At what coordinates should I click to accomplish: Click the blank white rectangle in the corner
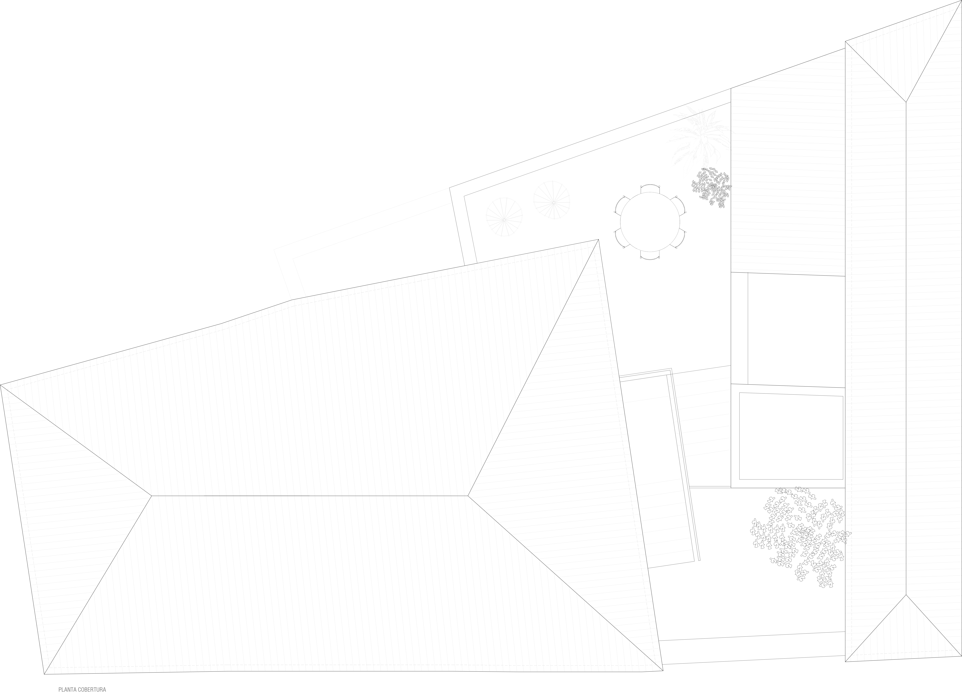coord(185,92)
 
